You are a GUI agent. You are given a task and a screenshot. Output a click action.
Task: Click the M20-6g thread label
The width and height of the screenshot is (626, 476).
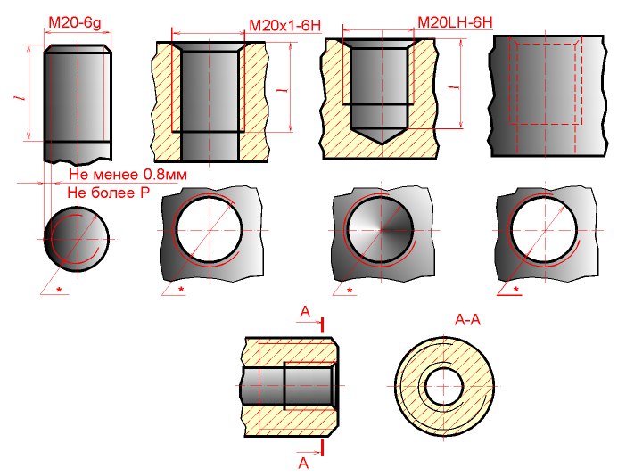point(75,22)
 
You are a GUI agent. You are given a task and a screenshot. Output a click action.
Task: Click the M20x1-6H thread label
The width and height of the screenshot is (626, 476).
point(284,26)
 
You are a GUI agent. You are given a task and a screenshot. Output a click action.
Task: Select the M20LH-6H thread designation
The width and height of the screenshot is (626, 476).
point(455,22)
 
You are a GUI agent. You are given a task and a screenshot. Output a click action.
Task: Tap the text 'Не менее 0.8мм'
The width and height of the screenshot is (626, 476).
point(128,175)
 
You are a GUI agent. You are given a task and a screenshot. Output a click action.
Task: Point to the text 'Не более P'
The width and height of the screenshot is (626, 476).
point(108,193)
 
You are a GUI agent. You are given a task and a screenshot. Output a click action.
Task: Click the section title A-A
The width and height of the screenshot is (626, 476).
point(467,320)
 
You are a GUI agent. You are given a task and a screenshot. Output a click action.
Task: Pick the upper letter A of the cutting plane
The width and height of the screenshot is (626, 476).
point(305,312)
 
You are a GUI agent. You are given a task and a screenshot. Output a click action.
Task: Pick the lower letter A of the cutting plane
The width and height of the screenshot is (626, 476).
point(304,463)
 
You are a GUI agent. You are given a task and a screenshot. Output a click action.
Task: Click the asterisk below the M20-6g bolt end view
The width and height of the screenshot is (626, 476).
point(59,290)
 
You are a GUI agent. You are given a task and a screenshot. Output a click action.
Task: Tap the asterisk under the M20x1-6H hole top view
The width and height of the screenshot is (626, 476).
point(181,290)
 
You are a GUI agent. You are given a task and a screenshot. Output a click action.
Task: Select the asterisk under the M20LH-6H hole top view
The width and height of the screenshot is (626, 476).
point(350,291)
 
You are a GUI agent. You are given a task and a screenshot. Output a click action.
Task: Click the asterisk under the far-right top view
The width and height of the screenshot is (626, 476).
point(516,290)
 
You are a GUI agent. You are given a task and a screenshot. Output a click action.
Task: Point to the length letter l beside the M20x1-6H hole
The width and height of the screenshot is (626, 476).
point(284,88)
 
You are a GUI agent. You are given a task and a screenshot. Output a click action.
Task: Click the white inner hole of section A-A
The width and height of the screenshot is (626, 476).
point(444,386)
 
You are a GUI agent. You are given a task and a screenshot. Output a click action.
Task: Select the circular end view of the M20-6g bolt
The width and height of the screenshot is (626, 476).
point(77,239)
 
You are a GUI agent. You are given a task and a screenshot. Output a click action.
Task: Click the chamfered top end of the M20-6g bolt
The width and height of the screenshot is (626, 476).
point(78,49)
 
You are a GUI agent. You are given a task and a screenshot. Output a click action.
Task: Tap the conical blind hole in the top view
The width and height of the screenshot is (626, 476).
point(381,230)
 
